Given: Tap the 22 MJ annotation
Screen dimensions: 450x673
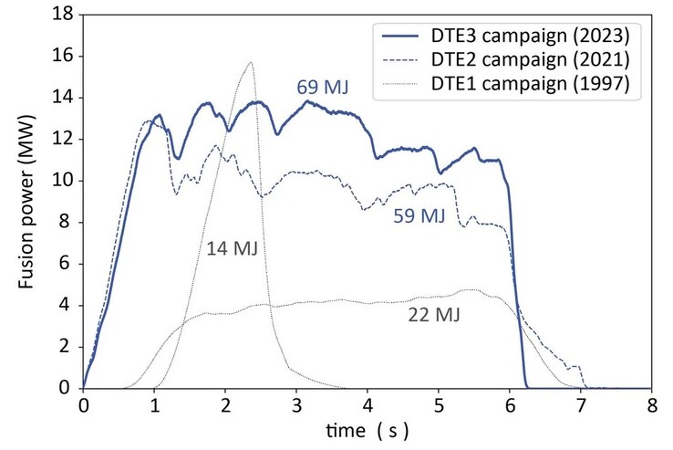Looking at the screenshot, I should pyautogui.click(x=434, y=316).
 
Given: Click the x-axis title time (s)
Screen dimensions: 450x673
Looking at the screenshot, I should pyautogui.click(x=368, y=427).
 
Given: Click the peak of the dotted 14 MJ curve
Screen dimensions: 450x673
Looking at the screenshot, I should pyautogui.click(x=250, y=62).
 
